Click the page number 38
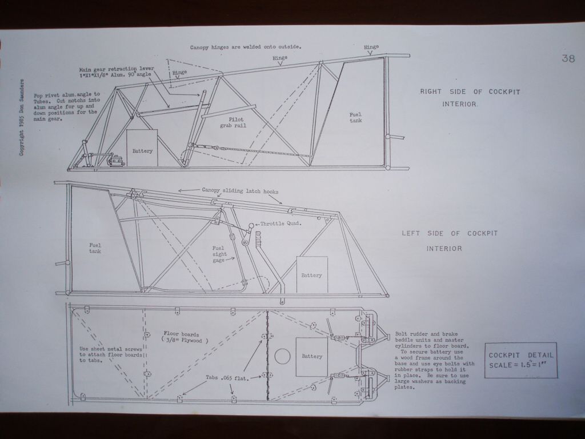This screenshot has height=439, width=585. (568, 58)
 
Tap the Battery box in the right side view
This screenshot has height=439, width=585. (142, 148)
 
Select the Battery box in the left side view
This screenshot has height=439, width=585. (312, 275)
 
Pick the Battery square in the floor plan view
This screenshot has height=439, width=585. (311, 357)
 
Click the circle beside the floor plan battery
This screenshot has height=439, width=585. (282, 357)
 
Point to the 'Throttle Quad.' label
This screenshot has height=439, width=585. (281, 224)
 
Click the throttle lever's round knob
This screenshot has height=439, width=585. (251, 225)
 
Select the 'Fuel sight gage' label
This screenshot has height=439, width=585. (219, 254)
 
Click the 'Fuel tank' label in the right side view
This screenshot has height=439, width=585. (355, 118)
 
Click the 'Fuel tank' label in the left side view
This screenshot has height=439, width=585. (95, 248)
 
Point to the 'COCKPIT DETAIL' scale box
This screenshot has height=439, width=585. (521, 360)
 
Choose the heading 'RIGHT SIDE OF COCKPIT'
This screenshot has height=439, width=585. (470, 92)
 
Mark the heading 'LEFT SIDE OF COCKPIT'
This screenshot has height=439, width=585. (450, 234)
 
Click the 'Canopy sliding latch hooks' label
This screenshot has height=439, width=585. (240, 191)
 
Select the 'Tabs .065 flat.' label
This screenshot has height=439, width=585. (227, 378)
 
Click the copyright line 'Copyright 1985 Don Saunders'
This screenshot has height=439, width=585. (22, 117)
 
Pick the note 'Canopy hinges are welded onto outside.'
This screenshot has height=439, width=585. (246, 47)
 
